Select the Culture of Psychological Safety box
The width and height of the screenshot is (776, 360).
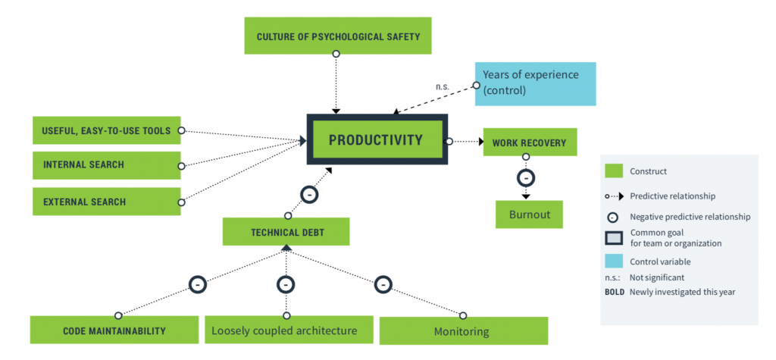click(338, 36)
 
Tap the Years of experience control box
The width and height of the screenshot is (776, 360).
click(535, 83)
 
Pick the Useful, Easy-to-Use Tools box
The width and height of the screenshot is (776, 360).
click(106, 130)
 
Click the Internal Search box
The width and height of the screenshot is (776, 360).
click(106, 165)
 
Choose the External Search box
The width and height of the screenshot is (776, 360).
click(106, 202)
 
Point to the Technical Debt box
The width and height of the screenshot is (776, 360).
click(286, 232)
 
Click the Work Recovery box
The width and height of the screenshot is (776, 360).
click(530, 142)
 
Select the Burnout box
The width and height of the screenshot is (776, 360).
click(529, 214)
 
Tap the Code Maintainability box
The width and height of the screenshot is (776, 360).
click(114, 330)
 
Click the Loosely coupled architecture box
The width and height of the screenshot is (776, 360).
click(289, 330)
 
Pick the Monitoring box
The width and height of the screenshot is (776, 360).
click(464, 330)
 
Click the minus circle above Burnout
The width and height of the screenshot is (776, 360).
click(526, 178)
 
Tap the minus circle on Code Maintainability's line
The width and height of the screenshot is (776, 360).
click(198, 285)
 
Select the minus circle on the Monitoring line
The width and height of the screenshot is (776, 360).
click(383, 285)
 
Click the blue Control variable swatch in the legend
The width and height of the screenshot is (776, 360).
click(614, 261)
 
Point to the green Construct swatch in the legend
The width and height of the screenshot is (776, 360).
click(614, 171)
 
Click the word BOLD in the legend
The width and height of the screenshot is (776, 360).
click(615, 292)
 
